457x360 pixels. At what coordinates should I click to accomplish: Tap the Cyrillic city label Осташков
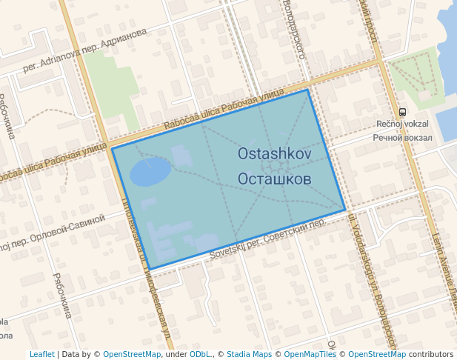(275, 179)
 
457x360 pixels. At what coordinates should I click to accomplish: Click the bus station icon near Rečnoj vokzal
(402, 112)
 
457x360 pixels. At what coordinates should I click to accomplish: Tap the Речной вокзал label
(402, 137)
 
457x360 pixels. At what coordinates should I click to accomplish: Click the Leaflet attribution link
(41, 354)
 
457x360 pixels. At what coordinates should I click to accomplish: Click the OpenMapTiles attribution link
(310, 354)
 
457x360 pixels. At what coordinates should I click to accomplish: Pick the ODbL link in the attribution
(200, 354)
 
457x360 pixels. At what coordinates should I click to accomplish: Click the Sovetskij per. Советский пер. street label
(267, 239)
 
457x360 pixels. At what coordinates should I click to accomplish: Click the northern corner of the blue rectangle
(307, 90)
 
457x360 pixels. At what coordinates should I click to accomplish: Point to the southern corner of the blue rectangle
(150, 269)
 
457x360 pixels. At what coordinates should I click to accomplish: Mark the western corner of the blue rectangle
(113, 148)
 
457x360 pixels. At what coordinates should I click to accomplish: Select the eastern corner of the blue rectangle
(345, 210)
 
